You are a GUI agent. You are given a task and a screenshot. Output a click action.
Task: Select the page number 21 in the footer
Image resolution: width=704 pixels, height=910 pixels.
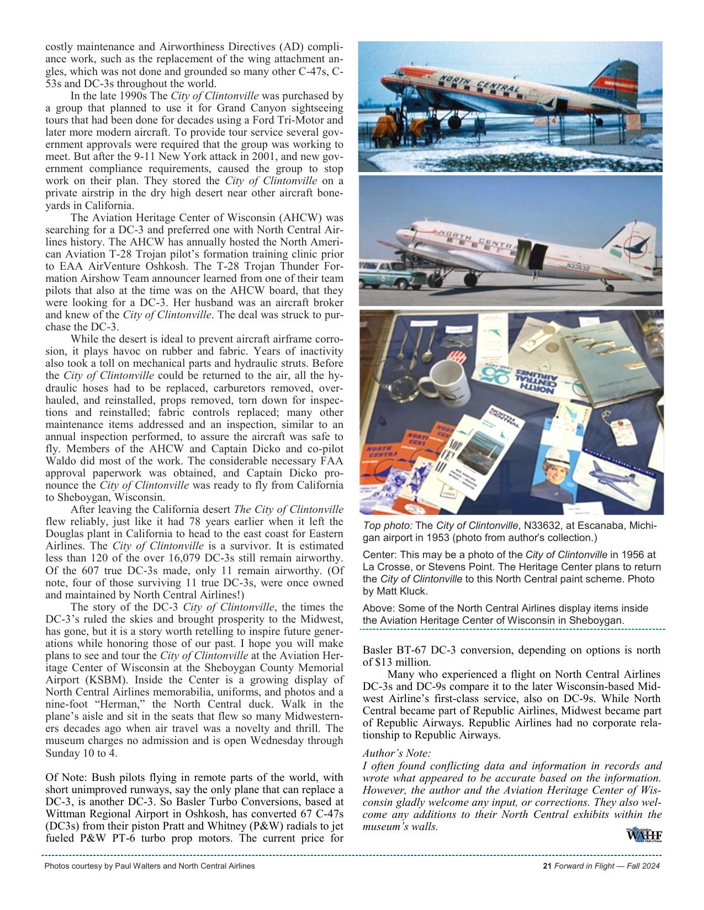coord(548,866)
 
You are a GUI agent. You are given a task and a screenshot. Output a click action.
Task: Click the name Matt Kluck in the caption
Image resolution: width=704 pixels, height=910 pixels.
coord(401,591)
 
